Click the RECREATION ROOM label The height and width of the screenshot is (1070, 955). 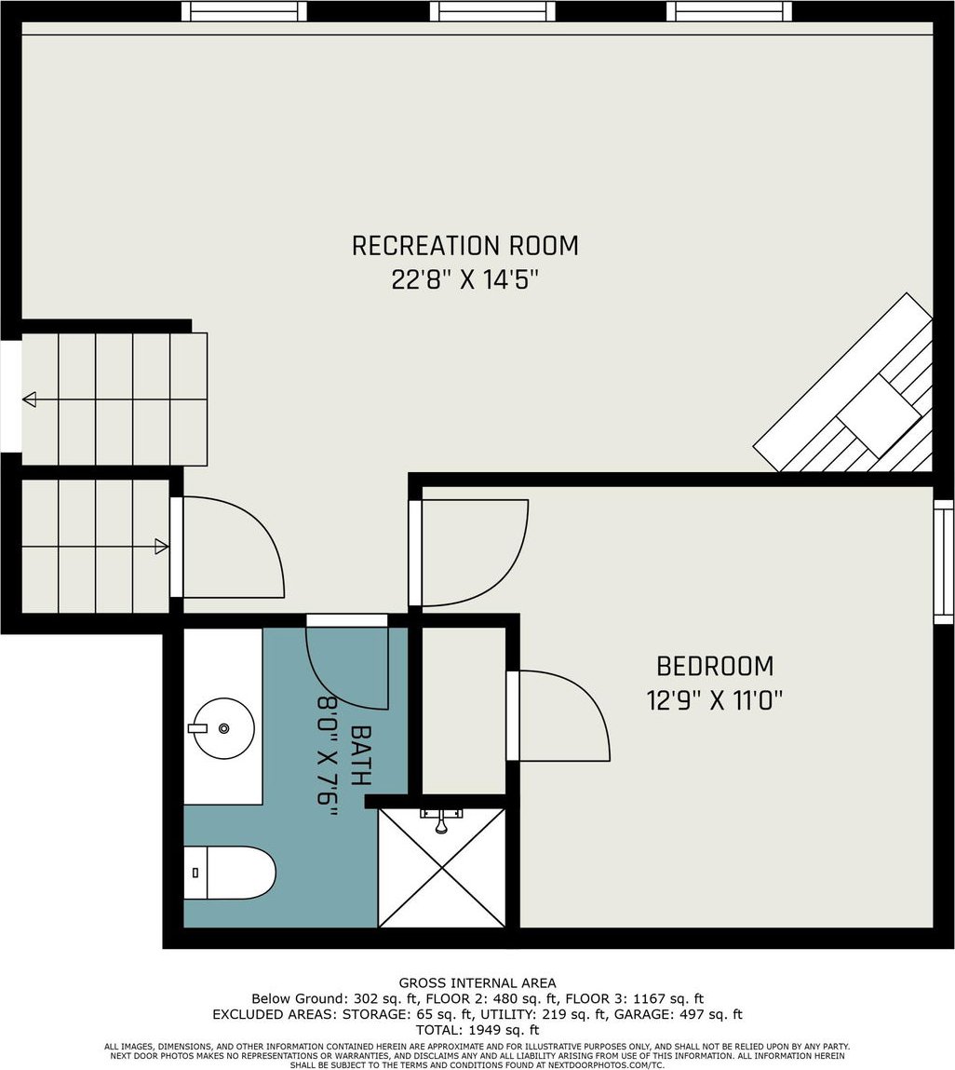(464, 246)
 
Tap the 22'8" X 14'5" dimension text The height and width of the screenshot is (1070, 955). (465, 279)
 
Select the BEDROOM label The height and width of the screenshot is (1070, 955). (715, 666)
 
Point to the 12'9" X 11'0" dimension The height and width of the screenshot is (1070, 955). (715, 700)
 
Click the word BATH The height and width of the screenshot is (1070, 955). (360, 755)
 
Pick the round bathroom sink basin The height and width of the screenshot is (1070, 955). (222, 729)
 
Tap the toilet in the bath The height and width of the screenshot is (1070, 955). (230, 873)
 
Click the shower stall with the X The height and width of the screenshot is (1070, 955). (442, 868)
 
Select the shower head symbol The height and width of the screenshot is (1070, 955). (441, 821)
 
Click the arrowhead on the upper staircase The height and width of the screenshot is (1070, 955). (30, 400)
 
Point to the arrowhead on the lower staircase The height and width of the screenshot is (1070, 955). (162, 547)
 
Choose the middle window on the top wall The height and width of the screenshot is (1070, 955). (492, 11)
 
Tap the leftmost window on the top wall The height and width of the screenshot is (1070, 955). (244, 11)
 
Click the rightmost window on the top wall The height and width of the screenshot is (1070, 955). (729, 11)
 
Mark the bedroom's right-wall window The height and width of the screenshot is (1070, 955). (944, 562)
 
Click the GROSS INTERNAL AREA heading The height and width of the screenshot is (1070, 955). (477, 983)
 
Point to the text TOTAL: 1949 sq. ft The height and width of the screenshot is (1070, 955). (477, 1030)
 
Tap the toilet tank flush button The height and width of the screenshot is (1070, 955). (195, 873)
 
